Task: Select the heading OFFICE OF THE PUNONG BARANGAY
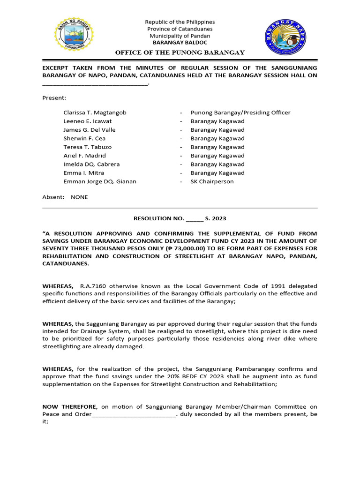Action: (180, 52)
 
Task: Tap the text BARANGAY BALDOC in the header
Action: (180, 43)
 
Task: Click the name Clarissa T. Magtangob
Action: (95, 112)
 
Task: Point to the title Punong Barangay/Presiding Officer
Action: (240, 112)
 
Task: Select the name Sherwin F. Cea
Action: (84, 138)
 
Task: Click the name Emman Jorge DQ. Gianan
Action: (100, 181)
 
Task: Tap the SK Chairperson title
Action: (212, 181)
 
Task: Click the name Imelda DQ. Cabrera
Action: (91, 164)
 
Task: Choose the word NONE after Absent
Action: (79, 197)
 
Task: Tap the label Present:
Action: (54, 98)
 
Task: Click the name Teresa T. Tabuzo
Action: (87, 147)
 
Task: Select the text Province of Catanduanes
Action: (180, 29)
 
